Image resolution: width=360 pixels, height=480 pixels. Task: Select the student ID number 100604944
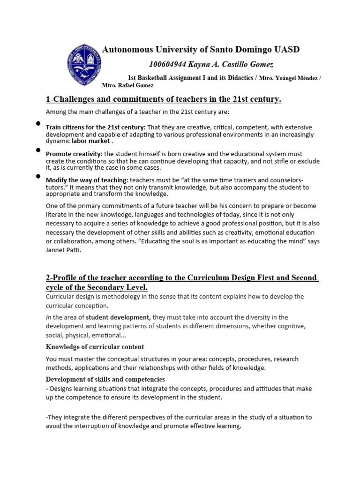166,64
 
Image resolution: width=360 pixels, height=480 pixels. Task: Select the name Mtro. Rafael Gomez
127,86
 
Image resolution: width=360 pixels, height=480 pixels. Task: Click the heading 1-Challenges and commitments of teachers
163,99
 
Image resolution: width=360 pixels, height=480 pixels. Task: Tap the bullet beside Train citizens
37,124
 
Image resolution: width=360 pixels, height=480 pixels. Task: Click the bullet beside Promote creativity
37,150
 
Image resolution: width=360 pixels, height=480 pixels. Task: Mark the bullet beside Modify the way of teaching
37,177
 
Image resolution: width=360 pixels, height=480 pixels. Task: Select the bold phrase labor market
92,141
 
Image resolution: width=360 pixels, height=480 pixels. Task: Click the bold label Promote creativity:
74,154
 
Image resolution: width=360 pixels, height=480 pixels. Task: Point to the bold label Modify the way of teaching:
87,180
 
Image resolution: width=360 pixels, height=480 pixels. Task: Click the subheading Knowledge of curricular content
94,347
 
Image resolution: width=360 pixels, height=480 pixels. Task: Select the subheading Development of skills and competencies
105,379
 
